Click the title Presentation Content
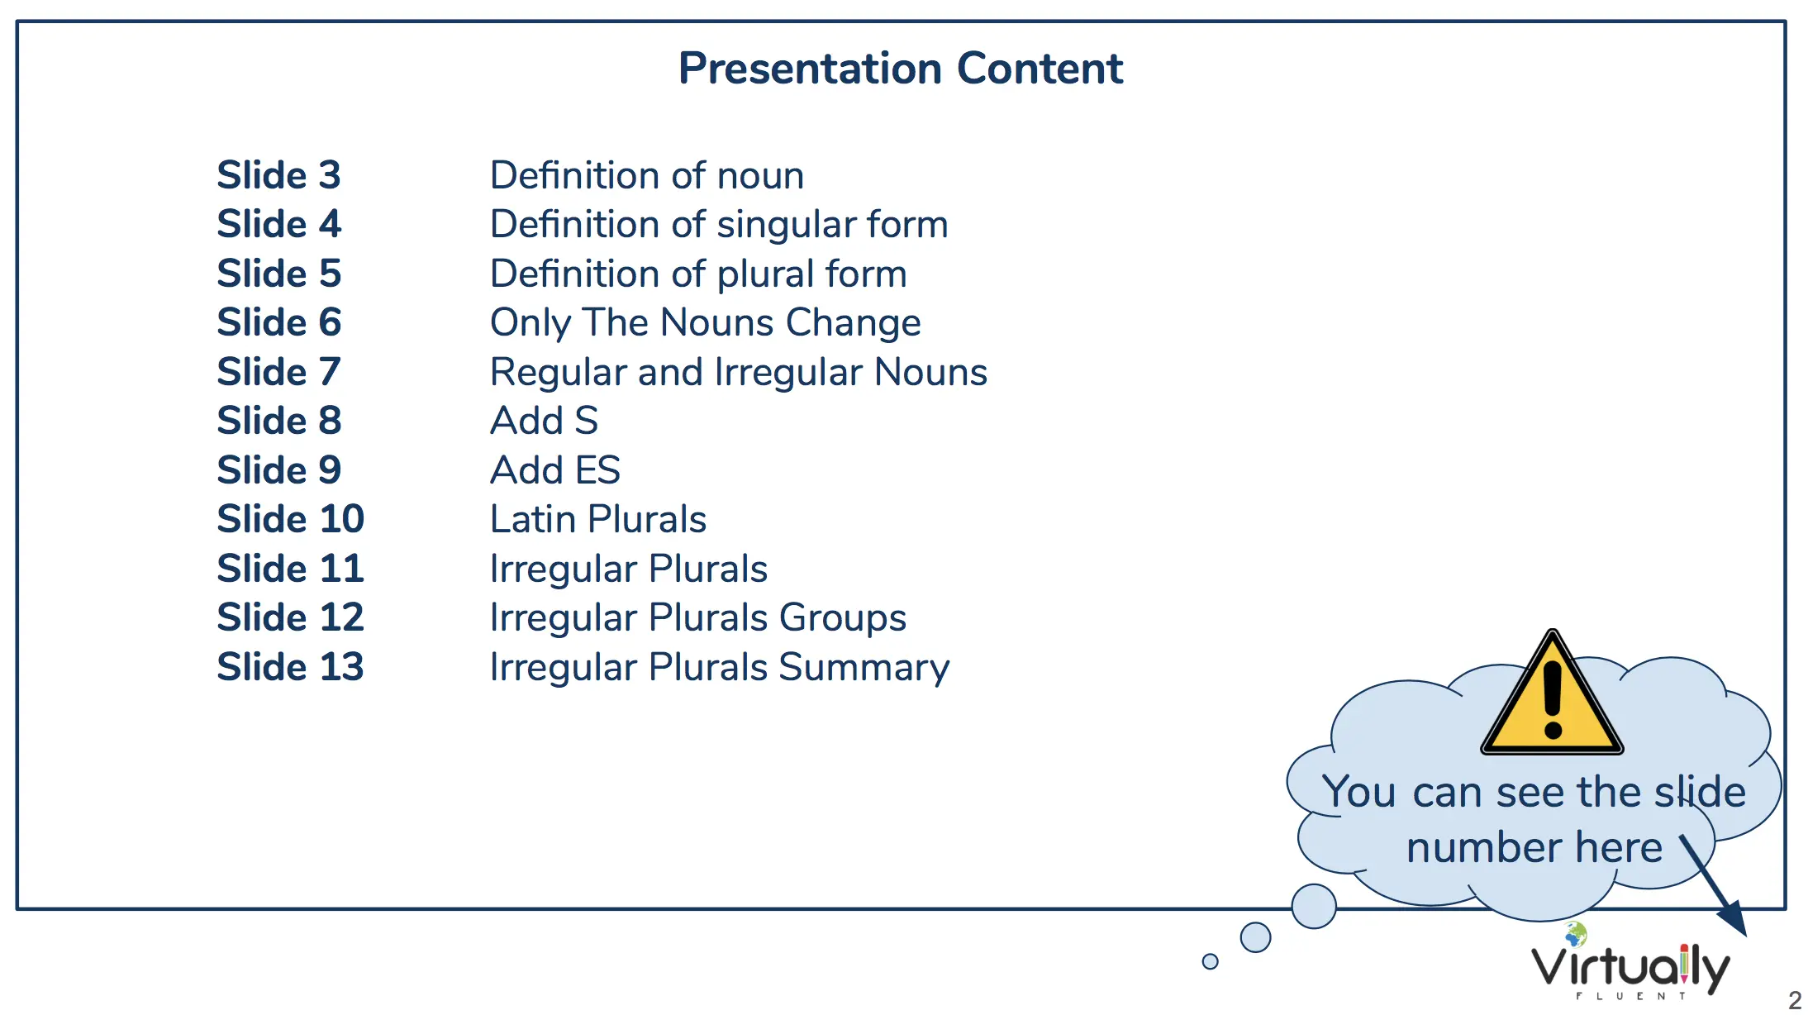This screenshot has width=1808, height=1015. (x=901, y=68)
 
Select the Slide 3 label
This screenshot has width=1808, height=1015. (x=278, y=175)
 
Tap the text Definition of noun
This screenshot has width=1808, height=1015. (x=647, y=175)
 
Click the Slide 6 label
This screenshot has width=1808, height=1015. (x=278, y=322)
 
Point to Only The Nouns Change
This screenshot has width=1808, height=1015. (x=706, y=323)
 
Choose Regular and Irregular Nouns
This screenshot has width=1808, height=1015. (x=739, y=373)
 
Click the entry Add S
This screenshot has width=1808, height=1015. (x=544, y=421)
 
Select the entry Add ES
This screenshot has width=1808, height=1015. (x=555, y=470)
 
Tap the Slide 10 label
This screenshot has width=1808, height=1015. (x=290, y=519)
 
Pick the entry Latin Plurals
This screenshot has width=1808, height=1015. (x=598, y=519)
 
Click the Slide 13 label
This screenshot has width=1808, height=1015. (x=290, y=667)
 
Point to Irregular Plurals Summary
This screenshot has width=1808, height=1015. (x=720, y=668)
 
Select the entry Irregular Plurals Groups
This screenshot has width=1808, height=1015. (x=698, y=618)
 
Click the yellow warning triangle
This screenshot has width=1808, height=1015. (x=1553, y=703)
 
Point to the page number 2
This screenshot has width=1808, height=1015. (x=1795, y=1000)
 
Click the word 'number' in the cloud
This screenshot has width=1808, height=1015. (x=1483, y=848)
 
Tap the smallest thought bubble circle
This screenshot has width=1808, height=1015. (x=1211, y=961)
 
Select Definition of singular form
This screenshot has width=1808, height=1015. (x=719, y=225)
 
